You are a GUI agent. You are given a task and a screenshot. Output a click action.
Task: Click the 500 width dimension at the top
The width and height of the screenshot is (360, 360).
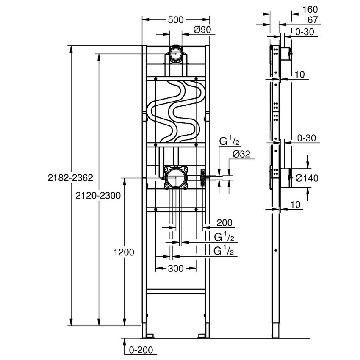point(175,19)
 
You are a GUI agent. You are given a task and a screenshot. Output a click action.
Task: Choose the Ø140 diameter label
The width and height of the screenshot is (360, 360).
point(306,178)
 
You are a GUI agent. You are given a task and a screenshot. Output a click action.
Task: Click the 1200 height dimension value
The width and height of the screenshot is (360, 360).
point(124,252)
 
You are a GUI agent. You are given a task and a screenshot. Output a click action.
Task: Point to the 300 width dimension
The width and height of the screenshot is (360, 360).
point(175,269)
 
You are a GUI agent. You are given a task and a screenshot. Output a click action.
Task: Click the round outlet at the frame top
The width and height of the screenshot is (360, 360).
point(176,55)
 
